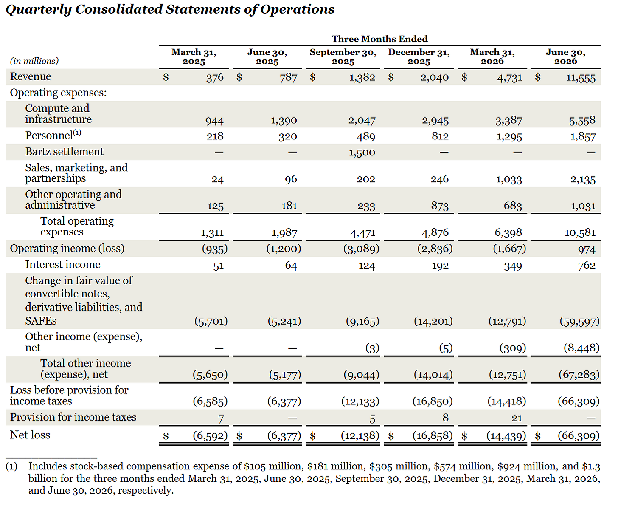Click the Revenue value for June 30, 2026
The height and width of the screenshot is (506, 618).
click(580, 78)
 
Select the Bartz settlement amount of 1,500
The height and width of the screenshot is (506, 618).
click(362, 152)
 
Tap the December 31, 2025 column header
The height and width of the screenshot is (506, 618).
click(419, 57)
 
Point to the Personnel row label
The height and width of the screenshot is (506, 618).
click(53, 135)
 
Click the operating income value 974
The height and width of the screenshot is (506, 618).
click(586, 250)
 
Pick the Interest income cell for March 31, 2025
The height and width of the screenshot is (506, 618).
click(218, 266)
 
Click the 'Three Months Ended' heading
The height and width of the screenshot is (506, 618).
click(379, 39)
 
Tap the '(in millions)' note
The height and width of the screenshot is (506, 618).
click(34, 61)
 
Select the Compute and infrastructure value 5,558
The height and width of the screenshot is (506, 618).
click(582, 120)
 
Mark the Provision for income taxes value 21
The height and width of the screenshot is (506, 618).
click(517, 418)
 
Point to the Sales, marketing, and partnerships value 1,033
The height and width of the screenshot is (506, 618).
click(508, 179)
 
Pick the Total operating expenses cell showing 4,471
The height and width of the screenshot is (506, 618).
click(362, 233)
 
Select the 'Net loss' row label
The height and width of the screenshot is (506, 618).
click(30, 435)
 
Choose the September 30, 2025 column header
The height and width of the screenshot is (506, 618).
click(343, 57)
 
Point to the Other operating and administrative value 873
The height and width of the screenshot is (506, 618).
click(440, 206)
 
